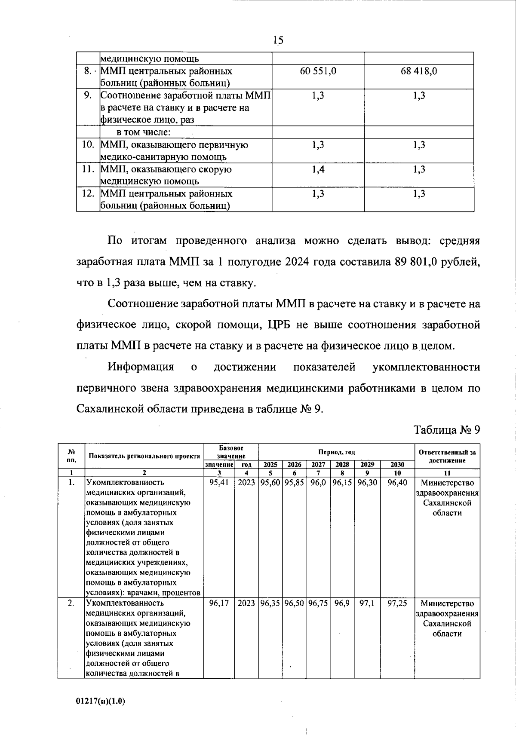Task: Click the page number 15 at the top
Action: (x=278, y=40)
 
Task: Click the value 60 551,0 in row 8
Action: (x=318, y=71)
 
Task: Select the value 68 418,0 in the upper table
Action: (x=419, y=71)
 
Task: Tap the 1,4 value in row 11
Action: (x=318, y=169)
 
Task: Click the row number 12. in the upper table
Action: (x=88, y=194)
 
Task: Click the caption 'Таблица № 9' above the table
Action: (x=446, y=430)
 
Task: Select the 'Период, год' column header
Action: (x=336, y=452)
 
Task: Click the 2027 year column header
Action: (x=318, y=465)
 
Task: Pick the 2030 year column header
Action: (x=397, y=465)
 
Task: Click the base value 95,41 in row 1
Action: (x=218, y=483)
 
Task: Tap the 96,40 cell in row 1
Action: (x=397, y=483)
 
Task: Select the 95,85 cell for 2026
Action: (x=294, y=483)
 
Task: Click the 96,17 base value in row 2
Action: (x=218, y=603)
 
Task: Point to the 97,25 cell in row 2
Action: (x=397, y=603)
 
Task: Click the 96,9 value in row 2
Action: (x=342, y=603)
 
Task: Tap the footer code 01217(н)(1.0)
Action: (x=100, y=701)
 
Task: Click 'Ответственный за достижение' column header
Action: (x=447, y=456)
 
